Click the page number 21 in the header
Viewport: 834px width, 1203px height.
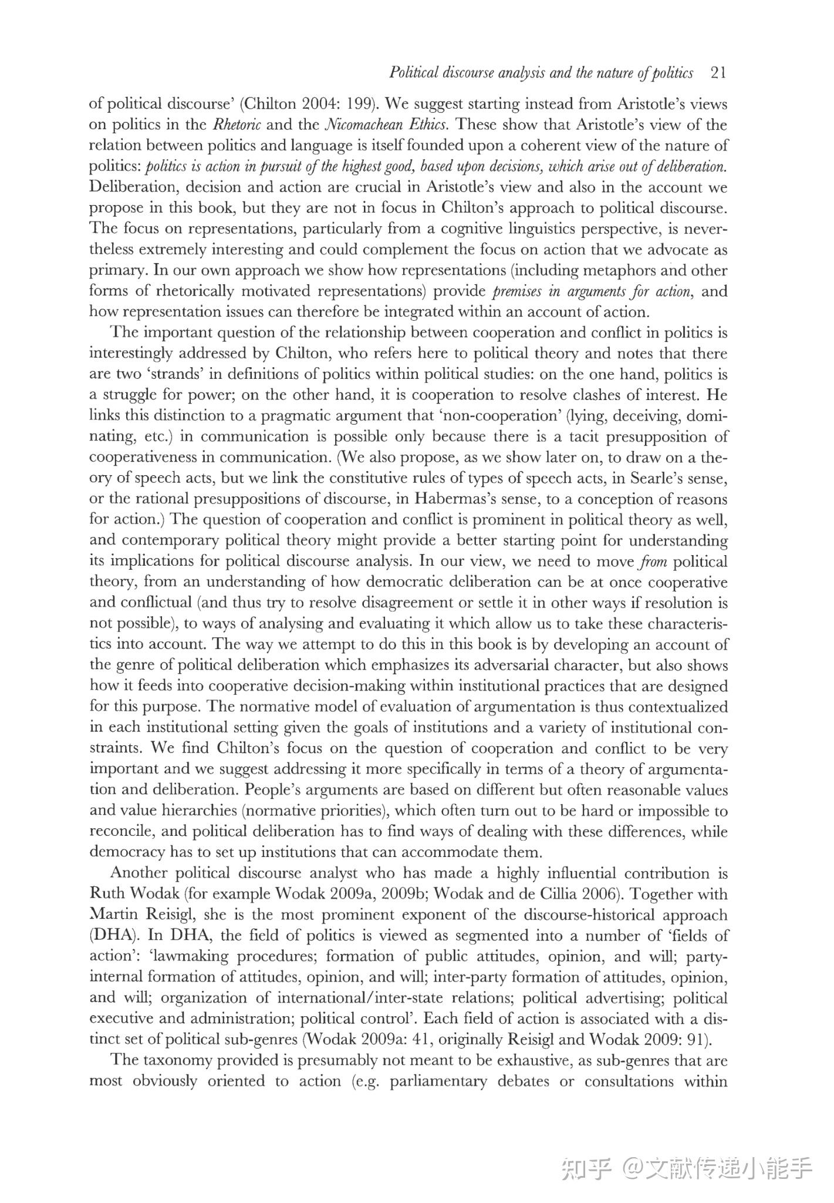(x=718, y=73)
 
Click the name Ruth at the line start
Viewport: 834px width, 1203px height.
(x=106, y=894)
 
